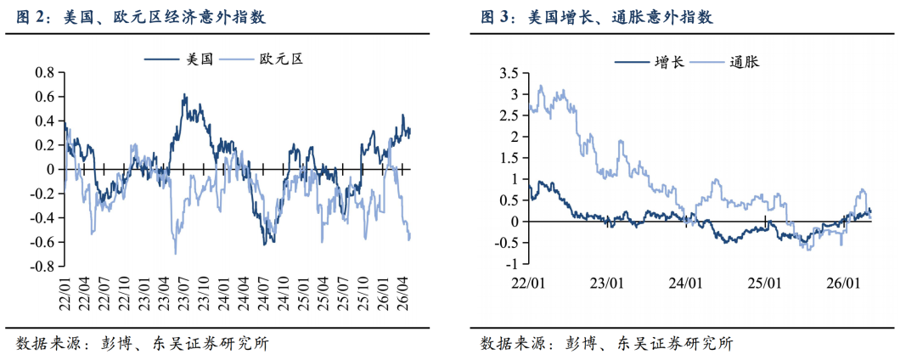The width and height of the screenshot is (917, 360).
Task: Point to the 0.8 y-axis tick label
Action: (x=45, y=72)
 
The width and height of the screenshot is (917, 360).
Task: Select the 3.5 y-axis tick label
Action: (x=509, y=74)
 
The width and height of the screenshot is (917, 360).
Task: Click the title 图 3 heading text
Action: (x=597, y=18)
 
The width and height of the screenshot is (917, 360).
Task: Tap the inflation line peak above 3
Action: (x=540, y=86)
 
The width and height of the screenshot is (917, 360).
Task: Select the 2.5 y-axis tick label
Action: (x=509, y=115)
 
